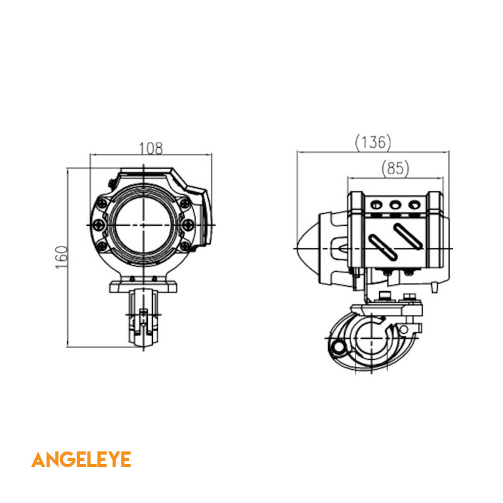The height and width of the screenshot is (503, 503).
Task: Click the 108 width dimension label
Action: click(151, 148)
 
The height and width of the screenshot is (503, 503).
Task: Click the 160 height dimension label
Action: click(61, 257)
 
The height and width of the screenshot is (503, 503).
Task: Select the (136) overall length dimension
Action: click(373, 143)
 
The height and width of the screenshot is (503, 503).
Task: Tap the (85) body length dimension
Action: click(395, 169)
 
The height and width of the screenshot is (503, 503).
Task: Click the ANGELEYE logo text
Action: click(81, 460)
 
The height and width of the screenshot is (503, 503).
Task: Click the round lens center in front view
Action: click(143, 225)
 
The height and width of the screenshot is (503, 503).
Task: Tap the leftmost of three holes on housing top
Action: click(376, 205)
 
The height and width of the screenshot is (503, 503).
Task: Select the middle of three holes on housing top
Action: click(395, 205)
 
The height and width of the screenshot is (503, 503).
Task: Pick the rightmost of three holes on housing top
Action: click(414, 205)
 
